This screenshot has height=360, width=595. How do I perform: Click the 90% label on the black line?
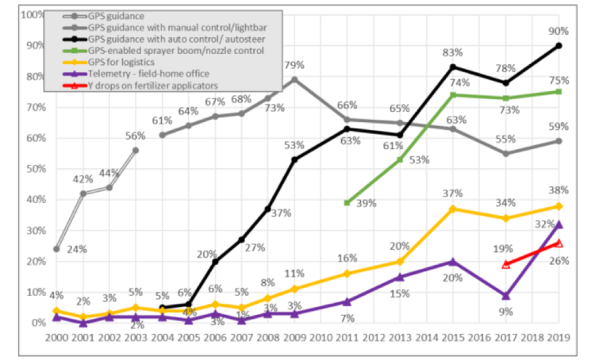(x=559, y=30)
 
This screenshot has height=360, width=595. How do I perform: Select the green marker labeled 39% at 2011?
(x=347, y=203)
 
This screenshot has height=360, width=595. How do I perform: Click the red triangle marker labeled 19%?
(x=505, y=264)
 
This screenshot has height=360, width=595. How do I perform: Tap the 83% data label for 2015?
(x=452, y=52)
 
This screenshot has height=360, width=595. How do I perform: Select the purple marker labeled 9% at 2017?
(x=505, y=295)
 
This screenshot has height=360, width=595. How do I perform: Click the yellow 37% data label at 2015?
(x=452, y=194)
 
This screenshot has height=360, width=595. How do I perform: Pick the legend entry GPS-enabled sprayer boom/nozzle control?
(x=175, y=49)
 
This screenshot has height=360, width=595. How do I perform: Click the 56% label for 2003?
(x=135, y=135)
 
